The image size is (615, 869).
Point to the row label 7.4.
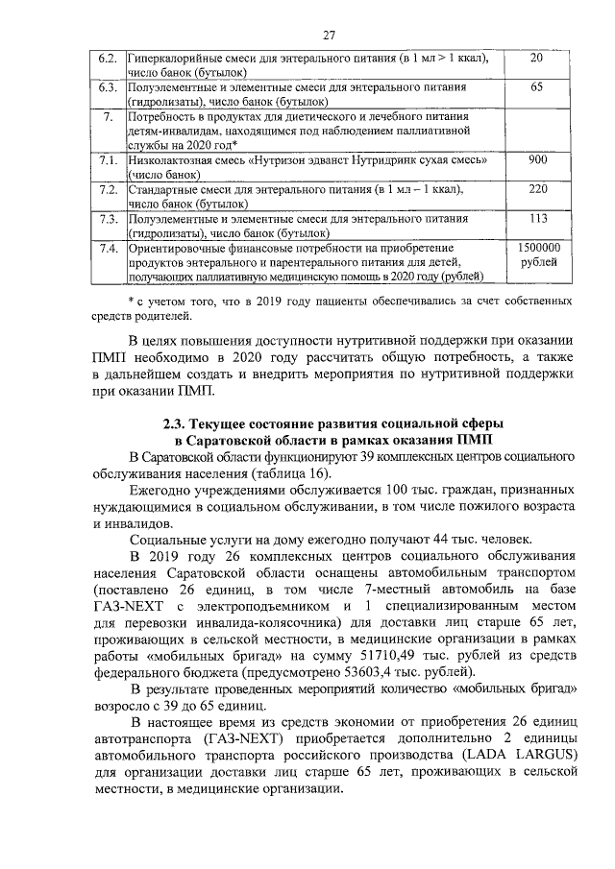pos(109,248)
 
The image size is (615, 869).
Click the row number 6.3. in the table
pos(109,88)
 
